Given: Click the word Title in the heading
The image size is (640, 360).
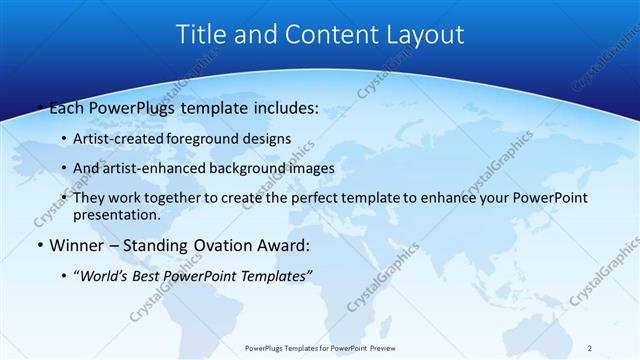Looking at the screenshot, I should coord(201,35).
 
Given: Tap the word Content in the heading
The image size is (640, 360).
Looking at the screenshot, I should coord(324,35).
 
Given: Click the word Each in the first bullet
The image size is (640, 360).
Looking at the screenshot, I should coord(62,108).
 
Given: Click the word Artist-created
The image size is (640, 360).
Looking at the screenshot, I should coord(118,138).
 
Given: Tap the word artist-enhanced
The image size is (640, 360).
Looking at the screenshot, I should coord(154,168).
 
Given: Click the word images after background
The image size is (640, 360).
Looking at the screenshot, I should coord(310,168).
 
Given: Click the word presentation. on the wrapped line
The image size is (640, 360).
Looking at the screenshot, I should coord(116,214).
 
